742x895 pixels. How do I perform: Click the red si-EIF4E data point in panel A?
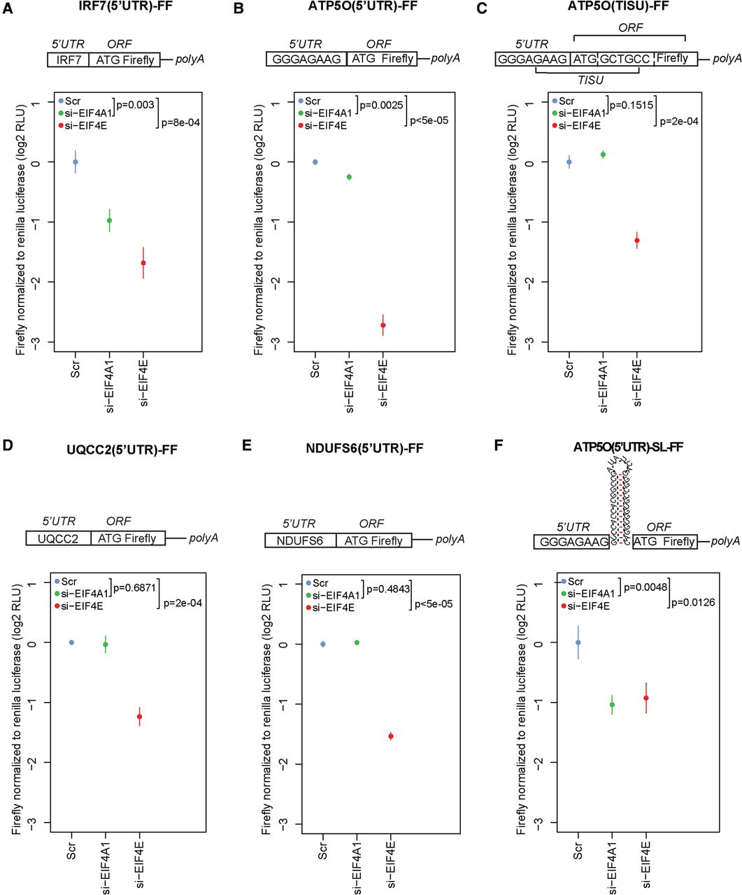[143, 263]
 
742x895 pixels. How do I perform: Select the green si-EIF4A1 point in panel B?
[349, 177]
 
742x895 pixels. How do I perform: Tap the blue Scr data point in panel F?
[578, 642]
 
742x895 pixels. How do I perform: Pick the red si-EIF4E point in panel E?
[391, 736]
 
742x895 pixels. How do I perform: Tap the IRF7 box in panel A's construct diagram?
[69, 60]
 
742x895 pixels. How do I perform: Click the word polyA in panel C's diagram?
[727, 59]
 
